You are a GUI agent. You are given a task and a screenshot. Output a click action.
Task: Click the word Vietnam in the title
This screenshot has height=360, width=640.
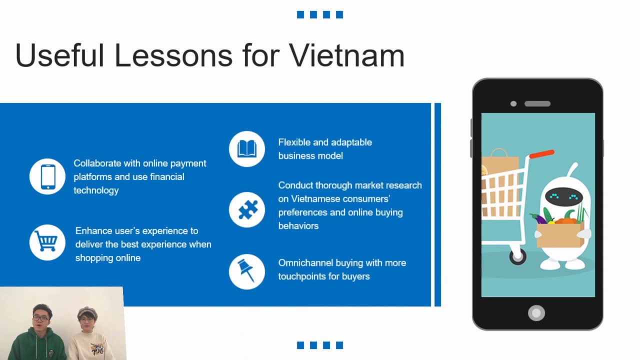347,55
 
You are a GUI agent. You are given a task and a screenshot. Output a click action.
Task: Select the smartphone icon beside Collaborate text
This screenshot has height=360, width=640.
47,176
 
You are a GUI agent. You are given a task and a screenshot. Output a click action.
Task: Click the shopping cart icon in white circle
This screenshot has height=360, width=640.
47,242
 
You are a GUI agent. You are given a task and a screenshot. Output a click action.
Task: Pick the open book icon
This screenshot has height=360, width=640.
247,149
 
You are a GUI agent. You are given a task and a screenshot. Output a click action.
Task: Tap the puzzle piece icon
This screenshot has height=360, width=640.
247,210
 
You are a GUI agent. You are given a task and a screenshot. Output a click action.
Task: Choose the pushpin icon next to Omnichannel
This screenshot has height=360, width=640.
246,271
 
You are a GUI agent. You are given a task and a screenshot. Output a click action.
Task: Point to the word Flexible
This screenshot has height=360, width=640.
294,142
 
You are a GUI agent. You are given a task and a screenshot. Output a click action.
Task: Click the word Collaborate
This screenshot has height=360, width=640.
97,163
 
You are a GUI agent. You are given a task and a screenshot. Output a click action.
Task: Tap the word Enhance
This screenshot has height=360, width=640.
93,231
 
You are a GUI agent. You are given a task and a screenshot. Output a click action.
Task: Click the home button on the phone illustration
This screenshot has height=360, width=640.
536,313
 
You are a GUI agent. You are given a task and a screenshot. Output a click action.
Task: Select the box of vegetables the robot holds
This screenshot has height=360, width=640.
560,234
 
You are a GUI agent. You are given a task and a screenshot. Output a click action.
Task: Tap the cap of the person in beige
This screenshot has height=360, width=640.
87,312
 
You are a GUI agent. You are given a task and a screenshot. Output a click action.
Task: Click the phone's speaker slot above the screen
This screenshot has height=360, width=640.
537,104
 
